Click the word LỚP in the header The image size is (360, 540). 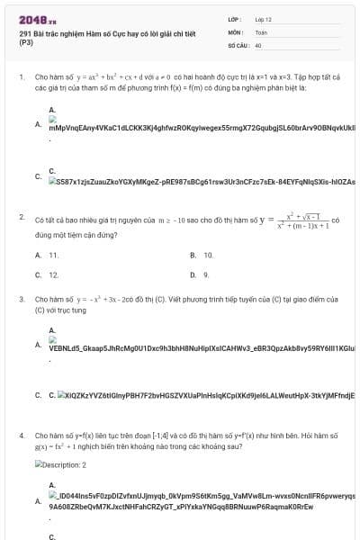pyautogui.click(x=234, y=18)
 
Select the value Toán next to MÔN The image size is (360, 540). pyautogui.click(x=261, y=31)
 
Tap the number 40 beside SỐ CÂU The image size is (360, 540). pyautogui.click(x=258, y=43)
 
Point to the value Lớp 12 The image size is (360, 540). pyautogui.click(x=263, y=18)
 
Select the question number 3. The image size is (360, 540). pyautogui.click(x=21, y=299)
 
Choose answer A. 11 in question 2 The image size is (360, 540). pyautogui.click(x=48, y=256)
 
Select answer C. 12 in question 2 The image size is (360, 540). pyautogui.click(x=48, y=274)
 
